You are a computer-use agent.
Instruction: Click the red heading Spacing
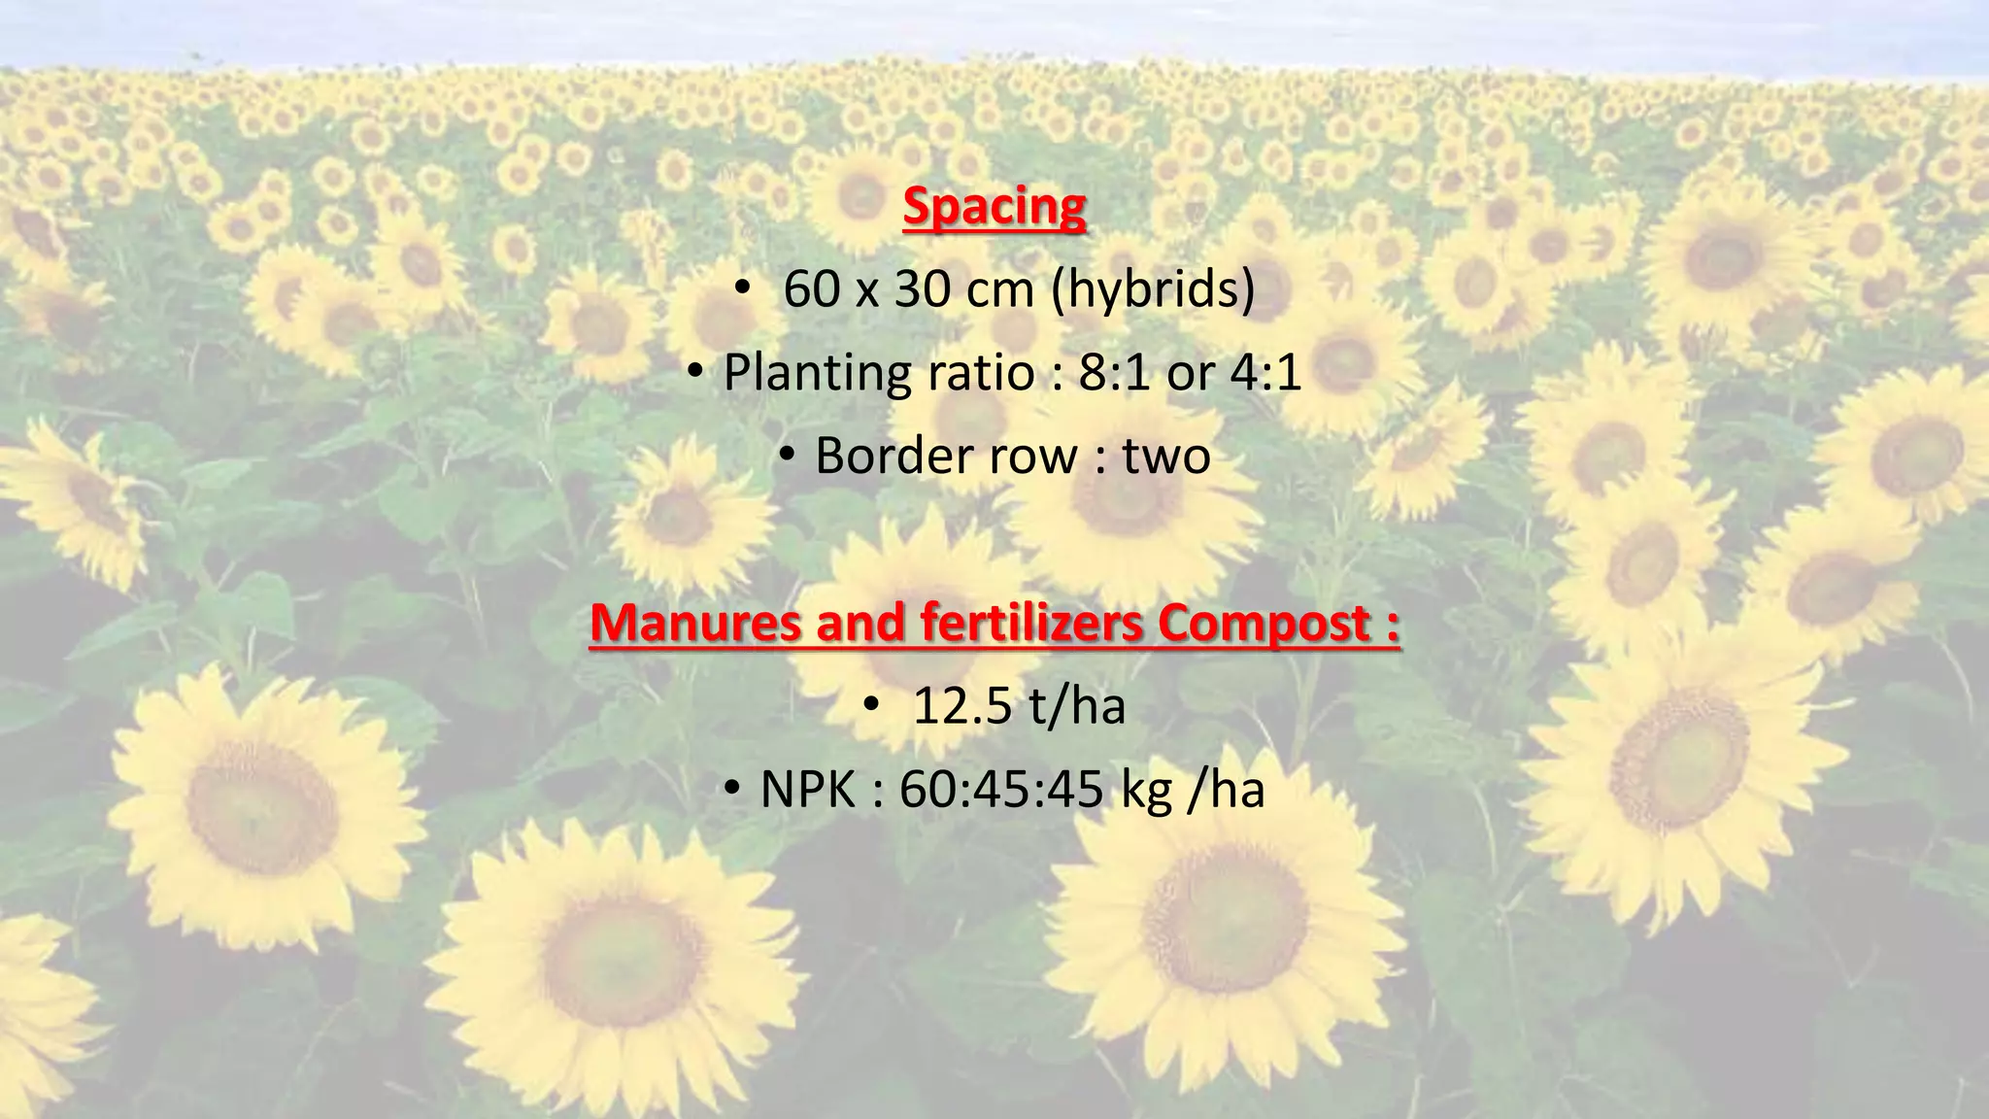(x=994, y=207)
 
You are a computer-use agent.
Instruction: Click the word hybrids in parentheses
(x=1154, y=289)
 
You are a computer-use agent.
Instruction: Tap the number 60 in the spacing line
(x=812, y=289)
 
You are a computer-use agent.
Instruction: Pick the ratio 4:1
(x=1265, y=373)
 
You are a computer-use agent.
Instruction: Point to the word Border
(x=893, y=456)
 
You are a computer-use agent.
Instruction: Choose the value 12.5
(x=961, y=706)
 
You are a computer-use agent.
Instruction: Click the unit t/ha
(x=1076, y=706)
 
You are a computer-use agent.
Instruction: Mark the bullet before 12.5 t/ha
(x=870, y=703)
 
